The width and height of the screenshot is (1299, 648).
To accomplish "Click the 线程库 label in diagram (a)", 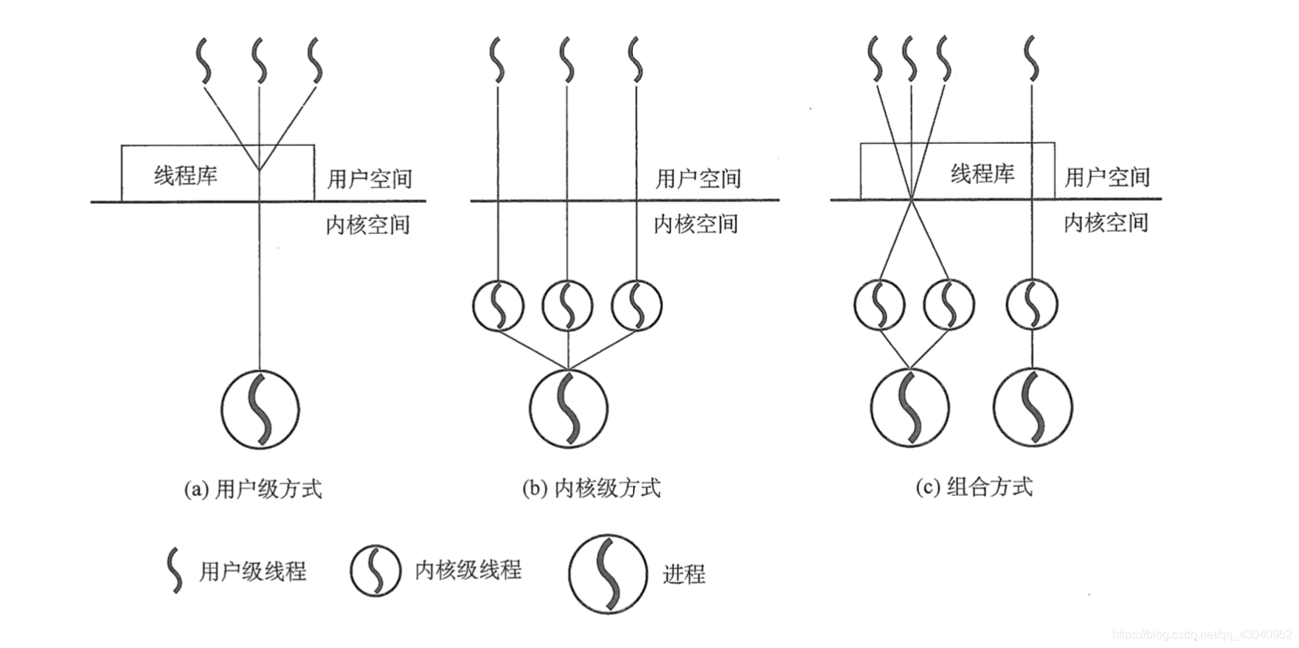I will pos(185,176).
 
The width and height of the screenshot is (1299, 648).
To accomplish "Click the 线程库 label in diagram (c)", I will pos(982,174).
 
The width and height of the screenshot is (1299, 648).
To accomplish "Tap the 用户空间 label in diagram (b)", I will pos(698,179).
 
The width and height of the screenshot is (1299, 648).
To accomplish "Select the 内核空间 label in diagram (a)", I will pos(368,224).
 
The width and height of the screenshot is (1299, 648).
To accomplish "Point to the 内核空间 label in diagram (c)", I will pos(1106,223).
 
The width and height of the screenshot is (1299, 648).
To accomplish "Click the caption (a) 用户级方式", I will pos(252,489).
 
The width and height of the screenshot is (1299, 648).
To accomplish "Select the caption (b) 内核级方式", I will pos(591,488).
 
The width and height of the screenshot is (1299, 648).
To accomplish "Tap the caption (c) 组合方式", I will pos(974,487).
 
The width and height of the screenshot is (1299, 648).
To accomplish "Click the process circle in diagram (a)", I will pos(260,409).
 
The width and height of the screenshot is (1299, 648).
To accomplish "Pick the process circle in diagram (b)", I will pos(569,408).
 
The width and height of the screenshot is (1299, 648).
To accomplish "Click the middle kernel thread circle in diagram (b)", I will pos(567,305).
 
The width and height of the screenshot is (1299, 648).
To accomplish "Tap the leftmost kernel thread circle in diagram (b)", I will pos(499,305).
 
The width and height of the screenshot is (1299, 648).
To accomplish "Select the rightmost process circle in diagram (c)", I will pos(1033,407).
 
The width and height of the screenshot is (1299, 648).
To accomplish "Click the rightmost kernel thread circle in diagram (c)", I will pos(1032,304).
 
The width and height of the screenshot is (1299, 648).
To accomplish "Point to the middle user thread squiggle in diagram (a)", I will pos(260,61).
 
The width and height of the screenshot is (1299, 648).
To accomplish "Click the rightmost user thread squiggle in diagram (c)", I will pos(1031,59).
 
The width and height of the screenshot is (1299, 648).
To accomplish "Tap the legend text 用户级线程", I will pos(252,571).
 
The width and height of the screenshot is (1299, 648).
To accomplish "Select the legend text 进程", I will pos(684,574).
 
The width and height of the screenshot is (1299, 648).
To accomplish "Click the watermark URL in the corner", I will pos(1202,635).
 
